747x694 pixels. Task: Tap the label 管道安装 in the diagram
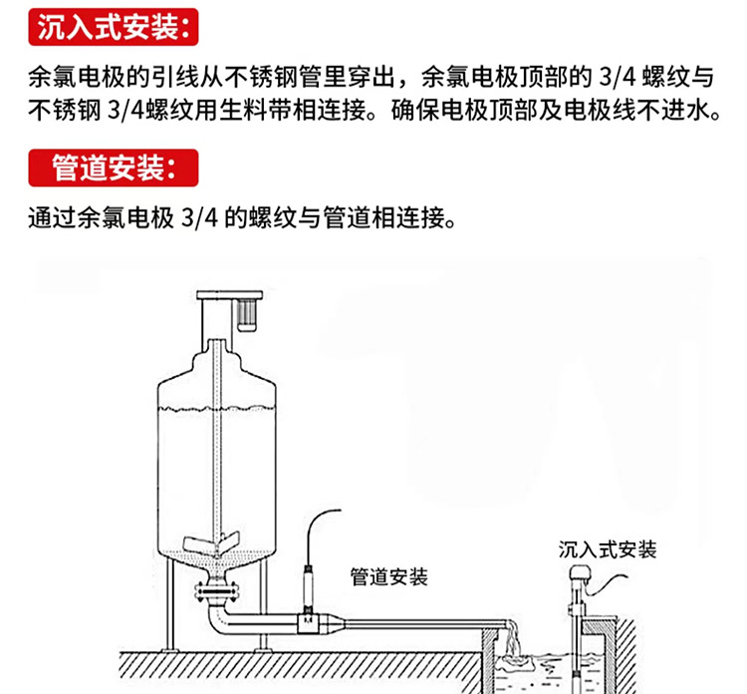coord(389,576)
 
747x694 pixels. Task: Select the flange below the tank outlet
coord(215,595)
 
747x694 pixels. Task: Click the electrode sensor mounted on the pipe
coord(309,593)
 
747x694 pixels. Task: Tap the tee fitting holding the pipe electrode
coord(311,628)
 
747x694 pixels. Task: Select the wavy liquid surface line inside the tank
coord(215,411)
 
